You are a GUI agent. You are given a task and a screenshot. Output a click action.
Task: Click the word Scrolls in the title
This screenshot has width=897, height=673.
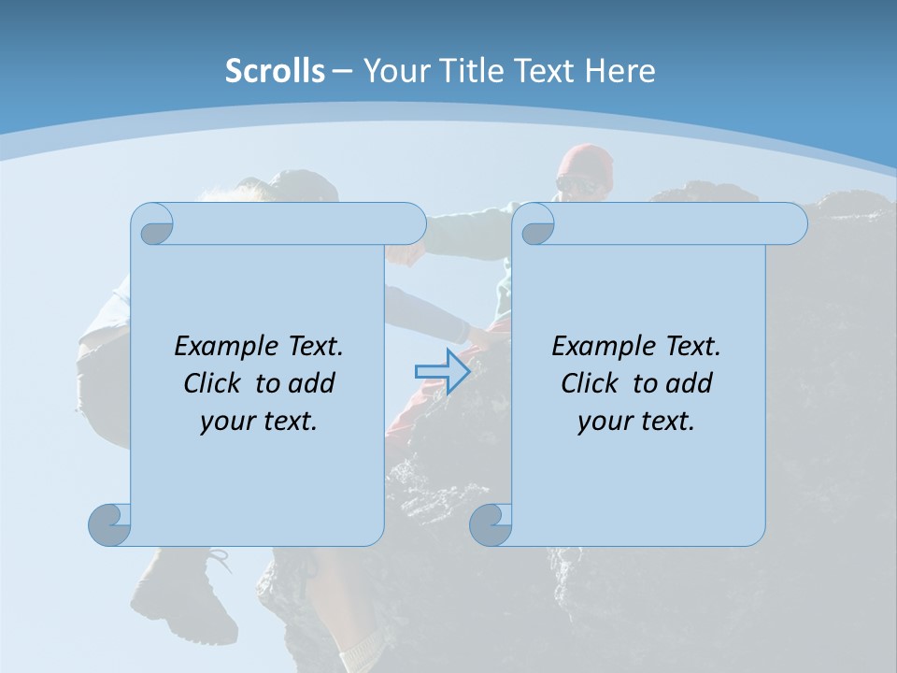coord(275,71)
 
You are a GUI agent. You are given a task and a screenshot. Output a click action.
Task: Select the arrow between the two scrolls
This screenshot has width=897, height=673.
coord(442,372)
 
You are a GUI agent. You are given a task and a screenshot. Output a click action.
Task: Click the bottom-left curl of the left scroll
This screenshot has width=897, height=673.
coord(110,523)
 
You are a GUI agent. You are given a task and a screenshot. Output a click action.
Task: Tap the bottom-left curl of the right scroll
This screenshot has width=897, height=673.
coord(491,523)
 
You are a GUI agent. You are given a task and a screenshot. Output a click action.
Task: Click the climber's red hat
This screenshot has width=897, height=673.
coord(586,164)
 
